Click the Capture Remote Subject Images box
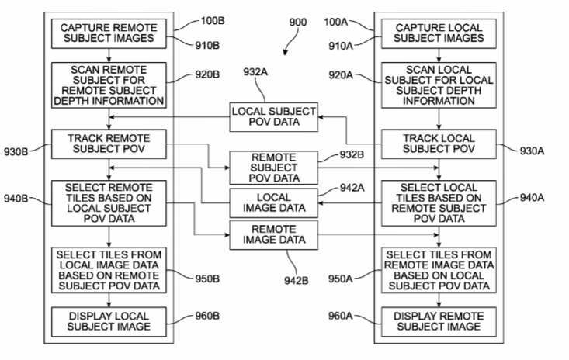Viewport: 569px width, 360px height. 109,32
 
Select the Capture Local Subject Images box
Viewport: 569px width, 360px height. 439,32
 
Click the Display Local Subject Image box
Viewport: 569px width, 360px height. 109,321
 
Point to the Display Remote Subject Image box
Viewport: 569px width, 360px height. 439,321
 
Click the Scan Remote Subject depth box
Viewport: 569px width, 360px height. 109,85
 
